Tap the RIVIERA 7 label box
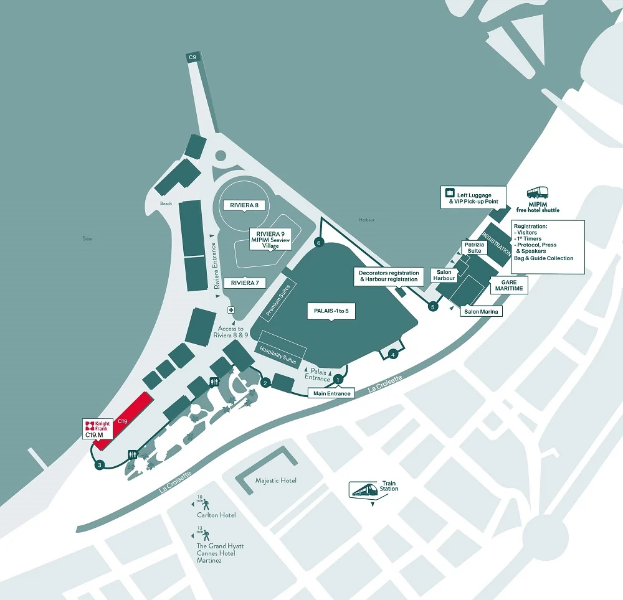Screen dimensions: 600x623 pos(244,283)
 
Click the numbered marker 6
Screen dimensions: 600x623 pos(319,243)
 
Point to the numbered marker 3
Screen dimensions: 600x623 pos(98,464)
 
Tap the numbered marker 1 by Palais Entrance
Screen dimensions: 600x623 pos(338,378)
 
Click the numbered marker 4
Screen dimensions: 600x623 pos(392,354)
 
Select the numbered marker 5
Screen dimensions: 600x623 pos(433,306)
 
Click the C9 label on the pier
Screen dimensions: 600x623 pos(193,58)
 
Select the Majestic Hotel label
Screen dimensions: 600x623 pos(276,480)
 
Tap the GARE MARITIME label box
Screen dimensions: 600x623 pos(509,285)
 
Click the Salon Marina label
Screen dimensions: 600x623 pos(481,311)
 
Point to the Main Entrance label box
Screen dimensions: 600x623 pos(332,393)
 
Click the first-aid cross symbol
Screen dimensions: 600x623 pos(231,310)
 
